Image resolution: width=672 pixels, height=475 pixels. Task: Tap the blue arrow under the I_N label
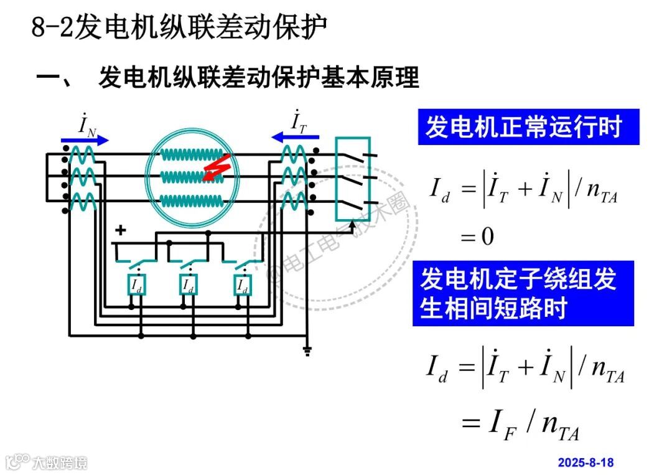pos(85,140)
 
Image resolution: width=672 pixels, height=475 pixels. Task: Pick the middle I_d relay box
pos(189,285)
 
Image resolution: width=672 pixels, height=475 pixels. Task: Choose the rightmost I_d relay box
pos(242,285)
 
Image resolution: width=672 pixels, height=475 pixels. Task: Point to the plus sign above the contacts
pos(121,230)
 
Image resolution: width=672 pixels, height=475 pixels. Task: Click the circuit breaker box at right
pos(353,179)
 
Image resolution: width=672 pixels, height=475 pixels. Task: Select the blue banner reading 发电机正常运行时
pos(528,128)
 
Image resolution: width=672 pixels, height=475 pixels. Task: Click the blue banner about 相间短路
pos(523,293)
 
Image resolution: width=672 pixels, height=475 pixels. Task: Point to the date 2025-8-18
pos(586,462)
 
